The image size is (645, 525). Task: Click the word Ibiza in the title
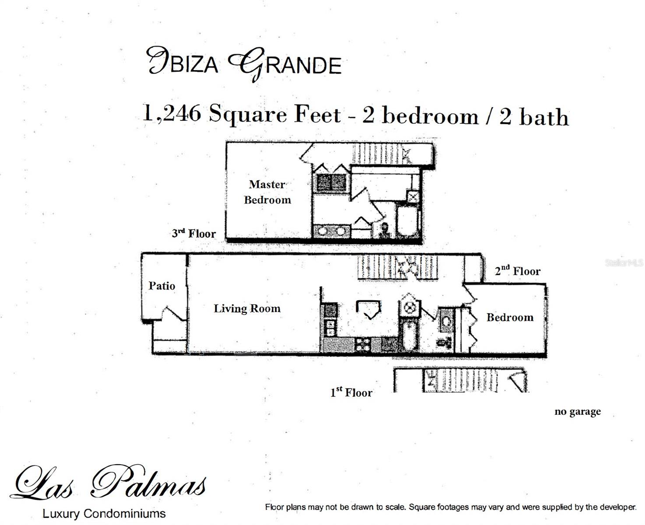(x=183, y=62)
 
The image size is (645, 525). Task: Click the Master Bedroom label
(x=267, y=192)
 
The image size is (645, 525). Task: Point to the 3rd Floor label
(x=193, y=233)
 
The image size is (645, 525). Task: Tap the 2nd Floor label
(x=518, y=271)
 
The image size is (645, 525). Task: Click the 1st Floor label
(x=351, y=392)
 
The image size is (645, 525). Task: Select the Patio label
(x=161, y=286)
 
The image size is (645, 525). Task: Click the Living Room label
(x=247, y=308)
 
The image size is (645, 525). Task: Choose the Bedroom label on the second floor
(x=510, y=317)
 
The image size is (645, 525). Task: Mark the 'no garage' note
(x=578, y=412)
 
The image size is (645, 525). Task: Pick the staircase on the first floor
(x=464, y=380)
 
